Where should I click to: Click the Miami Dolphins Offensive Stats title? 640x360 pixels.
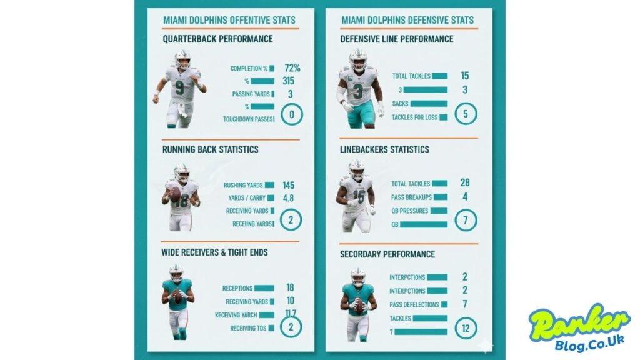[229, 20]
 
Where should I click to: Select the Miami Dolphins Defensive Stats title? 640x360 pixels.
[407, 20]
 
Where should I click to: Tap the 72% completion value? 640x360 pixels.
[292, 68]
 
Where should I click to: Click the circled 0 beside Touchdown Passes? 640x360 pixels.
[292, 115]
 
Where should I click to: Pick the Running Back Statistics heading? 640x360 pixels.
[211, 150]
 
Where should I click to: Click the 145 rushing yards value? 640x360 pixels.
[288, 186]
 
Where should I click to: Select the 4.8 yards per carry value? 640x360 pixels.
[288, 198]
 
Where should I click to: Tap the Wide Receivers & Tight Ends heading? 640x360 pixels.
[215, 252]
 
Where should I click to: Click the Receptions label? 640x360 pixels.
[237, 289]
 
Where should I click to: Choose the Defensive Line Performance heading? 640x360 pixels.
[397, 39]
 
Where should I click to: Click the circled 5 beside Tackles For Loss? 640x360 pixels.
[466, 115]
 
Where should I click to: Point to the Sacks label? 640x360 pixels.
[400, 104]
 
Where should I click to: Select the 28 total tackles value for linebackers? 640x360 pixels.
[465, 182]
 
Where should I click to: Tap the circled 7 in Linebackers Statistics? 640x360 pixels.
[466, 220]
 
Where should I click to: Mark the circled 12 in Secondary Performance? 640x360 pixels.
[466, 327]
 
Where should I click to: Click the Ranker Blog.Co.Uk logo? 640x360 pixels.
[579, 329]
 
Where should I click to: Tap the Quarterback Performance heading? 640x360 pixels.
[217, 39]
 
